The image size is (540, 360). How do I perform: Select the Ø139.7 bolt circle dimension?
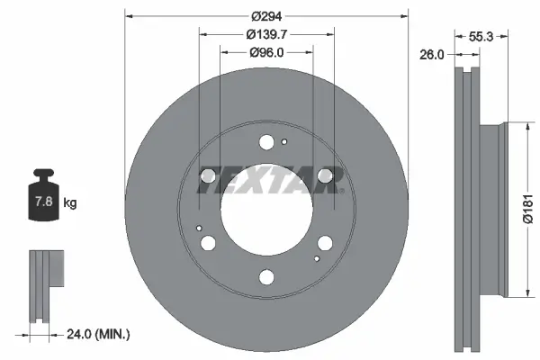[x=265, y=34]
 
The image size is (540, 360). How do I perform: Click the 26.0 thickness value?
[x=432, y=54]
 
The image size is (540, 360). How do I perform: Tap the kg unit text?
[x=70, y=203]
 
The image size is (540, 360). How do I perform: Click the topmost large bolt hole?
[x=265, y=141]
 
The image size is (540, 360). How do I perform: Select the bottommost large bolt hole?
[x=265, y=276]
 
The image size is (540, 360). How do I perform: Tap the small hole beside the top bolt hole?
[x=284, y=140]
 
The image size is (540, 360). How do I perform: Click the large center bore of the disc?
[x=265, y=209]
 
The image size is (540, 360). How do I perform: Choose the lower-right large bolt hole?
[x=323, y=243]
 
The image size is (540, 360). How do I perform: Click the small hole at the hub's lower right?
[x=315, y=258]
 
